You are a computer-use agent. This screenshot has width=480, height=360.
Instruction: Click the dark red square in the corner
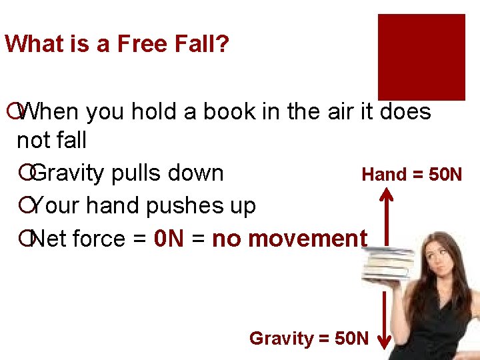click(421, 57)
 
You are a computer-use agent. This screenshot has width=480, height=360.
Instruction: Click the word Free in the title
click(141, 45)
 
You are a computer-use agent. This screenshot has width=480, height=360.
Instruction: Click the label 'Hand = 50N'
click(411, 175)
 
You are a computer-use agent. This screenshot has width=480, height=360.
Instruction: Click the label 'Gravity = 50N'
click(308, 338)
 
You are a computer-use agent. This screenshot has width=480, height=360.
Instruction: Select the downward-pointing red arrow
click(385, 320)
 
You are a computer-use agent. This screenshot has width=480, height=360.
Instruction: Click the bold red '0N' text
click(168, 238)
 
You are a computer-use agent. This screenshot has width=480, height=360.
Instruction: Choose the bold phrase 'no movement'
click(289, 238)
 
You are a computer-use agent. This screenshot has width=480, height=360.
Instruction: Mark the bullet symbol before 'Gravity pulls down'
click(25, 173)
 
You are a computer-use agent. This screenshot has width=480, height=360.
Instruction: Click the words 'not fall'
click(51, 140)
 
